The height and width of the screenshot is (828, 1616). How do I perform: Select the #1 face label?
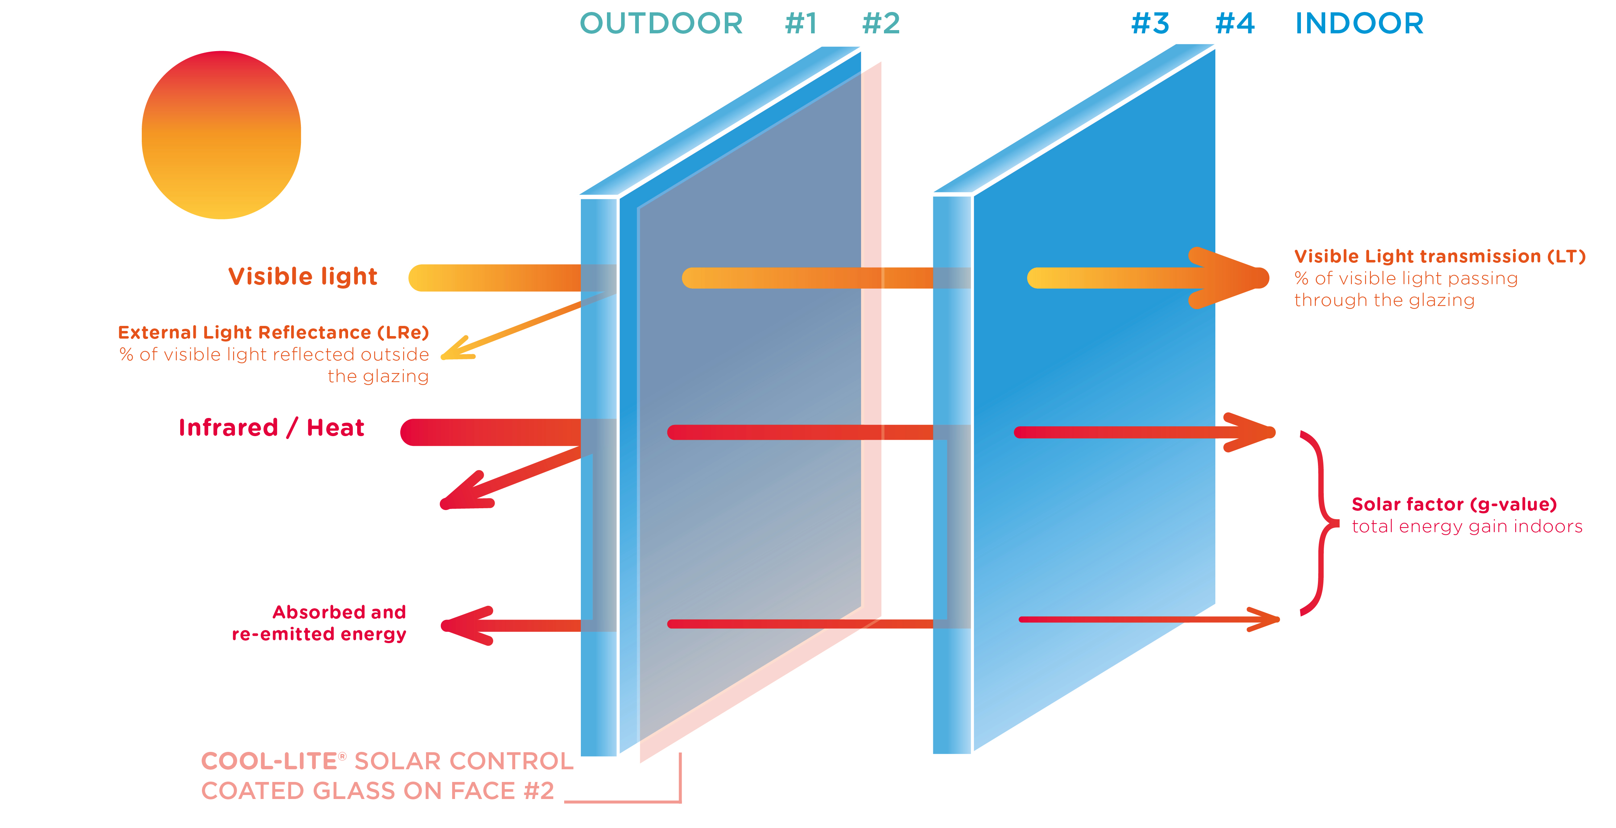[x=801, y=24]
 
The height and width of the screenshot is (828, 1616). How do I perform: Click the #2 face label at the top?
[x=881, y=24]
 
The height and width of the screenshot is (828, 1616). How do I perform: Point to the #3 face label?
[x=1150, y=24]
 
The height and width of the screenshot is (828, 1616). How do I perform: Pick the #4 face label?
[x=1235, y=24]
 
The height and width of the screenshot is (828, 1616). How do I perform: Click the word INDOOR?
[x=1359, y=24]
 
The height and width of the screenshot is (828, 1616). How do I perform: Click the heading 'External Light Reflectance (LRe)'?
[x=273, y=332]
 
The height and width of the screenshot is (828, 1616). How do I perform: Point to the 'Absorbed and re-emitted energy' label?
[x=319, y=623]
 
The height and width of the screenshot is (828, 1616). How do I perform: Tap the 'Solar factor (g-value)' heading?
[x=1454, y=504]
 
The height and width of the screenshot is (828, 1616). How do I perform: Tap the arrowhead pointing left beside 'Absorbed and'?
[x=464, y=625]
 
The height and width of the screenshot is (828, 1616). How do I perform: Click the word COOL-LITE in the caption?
[x=270, y=762]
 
